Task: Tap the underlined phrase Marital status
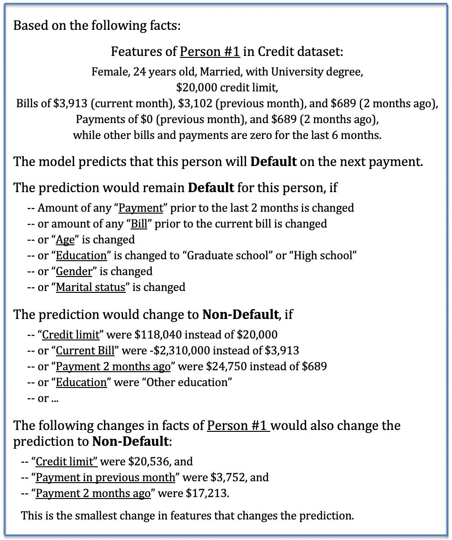pos(91,287)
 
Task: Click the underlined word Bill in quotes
pos(139,224)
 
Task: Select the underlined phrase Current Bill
pos(85,351)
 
